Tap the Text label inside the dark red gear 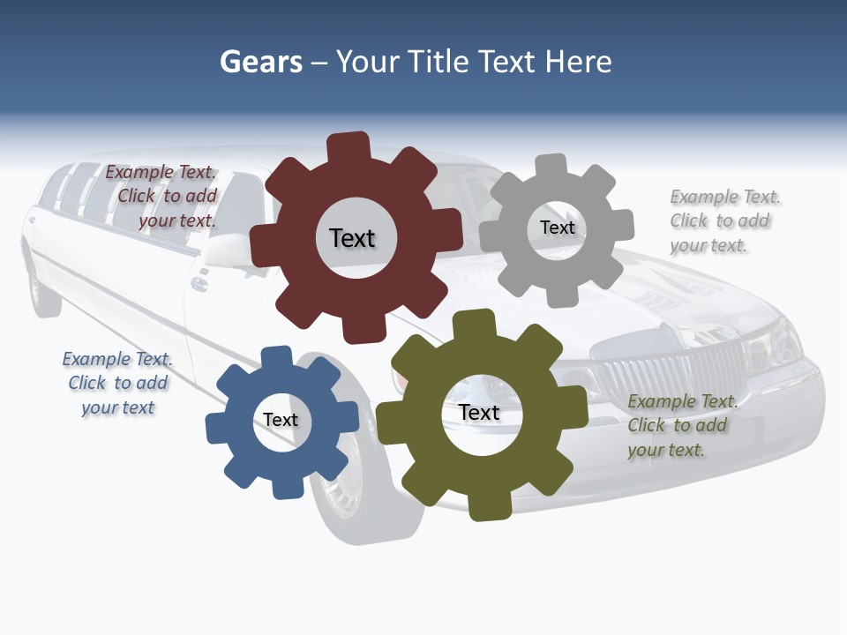(x=352, y=238)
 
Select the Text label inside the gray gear (x=557, y=228)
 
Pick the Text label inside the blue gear (x=281, y=420)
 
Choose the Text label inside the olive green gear (x=479, y=412)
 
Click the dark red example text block (x=162, y=197)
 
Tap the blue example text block (x=117, y=383)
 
